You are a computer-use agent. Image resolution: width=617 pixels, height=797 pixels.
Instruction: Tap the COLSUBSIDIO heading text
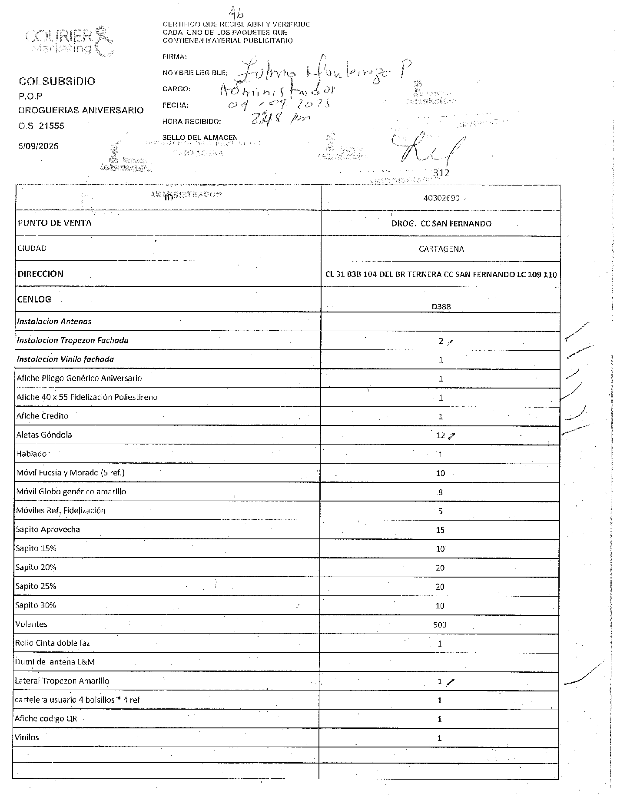(x=57, y=81)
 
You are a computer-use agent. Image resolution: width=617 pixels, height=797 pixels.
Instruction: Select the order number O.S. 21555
(x=41, y=126)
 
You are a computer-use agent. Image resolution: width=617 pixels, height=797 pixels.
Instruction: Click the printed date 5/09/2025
(x=38, y=146)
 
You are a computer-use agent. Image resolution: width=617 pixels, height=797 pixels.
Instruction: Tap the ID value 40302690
(x=441, y=198)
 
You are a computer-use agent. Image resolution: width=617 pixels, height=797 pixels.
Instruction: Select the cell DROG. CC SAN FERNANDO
(x=441, y=223)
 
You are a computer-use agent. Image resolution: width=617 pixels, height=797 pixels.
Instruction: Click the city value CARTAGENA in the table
(x=441, y=249)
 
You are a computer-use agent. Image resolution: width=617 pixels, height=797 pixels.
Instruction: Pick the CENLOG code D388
(x=441, y=306)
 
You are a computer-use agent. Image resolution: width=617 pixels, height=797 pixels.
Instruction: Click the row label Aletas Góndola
(x=44, y=435)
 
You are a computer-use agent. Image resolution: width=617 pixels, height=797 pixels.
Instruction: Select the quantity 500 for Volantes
(x=440, y=624)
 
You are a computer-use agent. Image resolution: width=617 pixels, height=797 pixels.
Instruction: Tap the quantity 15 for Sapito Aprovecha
(x=440, y=530)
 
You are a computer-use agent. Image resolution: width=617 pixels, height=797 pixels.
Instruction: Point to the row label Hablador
(x=33, y=454)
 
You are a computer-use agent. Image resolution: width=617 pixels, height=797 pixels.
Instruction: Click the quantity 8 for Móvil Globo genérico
(x=440, y=492)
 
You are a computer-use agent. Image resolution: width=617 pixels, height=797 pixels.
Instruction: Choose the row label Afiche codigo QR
(x=46, y=718)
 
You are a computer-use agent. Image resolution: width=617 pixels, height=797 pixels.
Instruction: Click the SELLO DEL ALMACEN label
(x=200, y=137)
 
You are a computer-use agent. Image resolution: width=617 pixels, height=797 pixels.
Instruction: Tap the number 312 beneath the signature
(x=441, y=173)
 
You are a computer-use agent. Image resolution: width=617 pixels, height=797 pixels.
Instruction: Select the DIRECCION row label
(x=40, y=274)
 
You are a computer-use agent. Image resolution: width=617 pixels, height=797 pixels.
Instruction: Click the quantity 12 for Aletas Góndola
(x=440, y=435)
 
